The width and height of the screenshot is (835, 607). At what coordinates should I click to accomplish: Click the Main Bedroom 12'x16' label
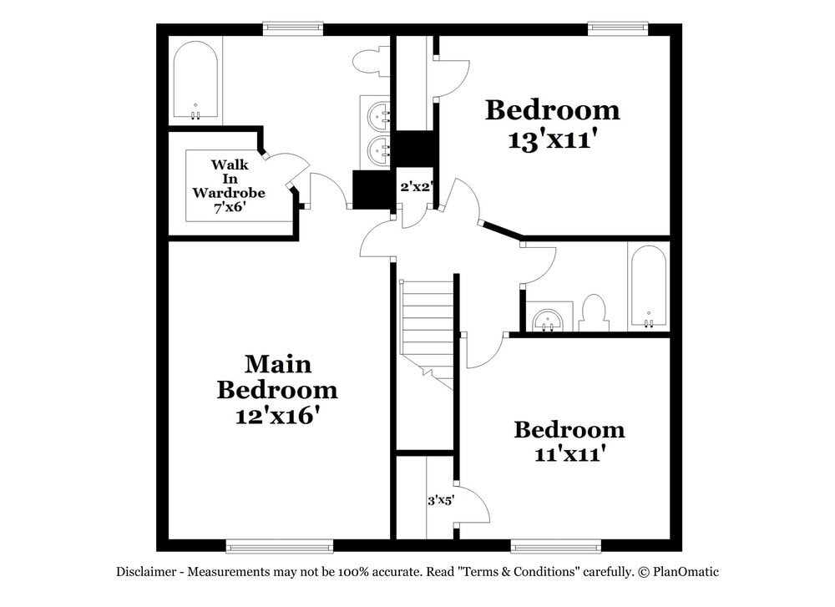click(x=277, y=389)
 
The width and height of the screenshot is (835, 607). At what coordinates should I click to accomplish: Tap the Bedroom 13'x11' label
click(x=552, y=124)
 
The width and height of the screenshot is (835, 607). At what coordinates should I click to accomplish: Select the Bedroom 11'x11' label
click(x=569, y=442)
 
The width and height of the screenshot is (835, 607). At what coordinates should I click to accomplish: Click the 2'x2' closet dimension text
click(x=415, y=187)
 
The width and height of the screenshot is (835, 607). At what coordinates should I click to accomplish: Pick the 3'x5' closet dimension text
click(x=440, y=501)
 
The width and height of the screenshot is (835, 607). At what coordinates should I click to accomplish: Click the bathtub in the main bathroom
click(x=196, y=81)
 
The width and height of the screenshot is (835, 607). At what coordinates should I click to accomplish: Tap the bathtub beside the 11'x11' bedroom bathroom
click(x=648, y=287)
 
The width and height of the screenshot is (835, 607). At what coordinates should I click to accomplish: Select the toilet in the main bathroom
click(x=369, y=61)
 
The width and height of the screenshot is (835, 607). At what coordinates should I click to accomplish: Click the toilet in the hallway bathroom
click(x=594, y=313)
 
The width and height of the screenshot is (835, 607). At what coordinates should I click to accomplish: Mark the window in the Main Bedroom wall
click(x=279, y=547)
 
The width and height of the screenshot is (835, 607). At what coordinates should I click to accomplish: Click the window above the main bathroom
click(x=293, y=28)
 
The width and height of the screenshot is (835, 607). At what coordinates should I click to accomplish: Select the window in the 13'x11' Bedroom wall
click(x=617, y=28)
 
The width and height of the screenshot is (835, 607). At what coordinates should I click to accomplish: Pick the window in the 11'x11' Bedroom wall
click(x=555, y=547)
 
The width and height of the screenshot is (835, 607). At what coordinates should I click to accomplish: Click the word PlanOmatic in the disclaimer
click(x=686, y=572)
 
